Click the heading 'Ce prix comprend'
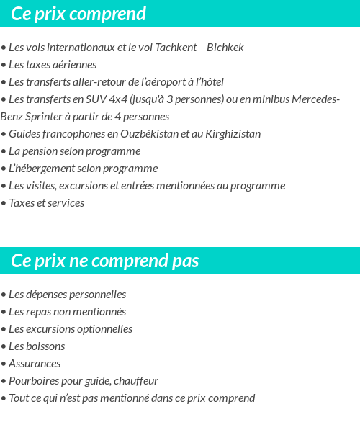[x=78, y=14]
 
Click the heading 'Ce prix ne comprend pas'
[x=104, y=261]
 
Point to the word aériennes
[x=71, y=65]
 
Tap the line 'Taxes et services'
[x=46, y=203]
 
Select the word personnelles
[x=96, y=295]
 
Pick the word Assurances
[x=35, y=364]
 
